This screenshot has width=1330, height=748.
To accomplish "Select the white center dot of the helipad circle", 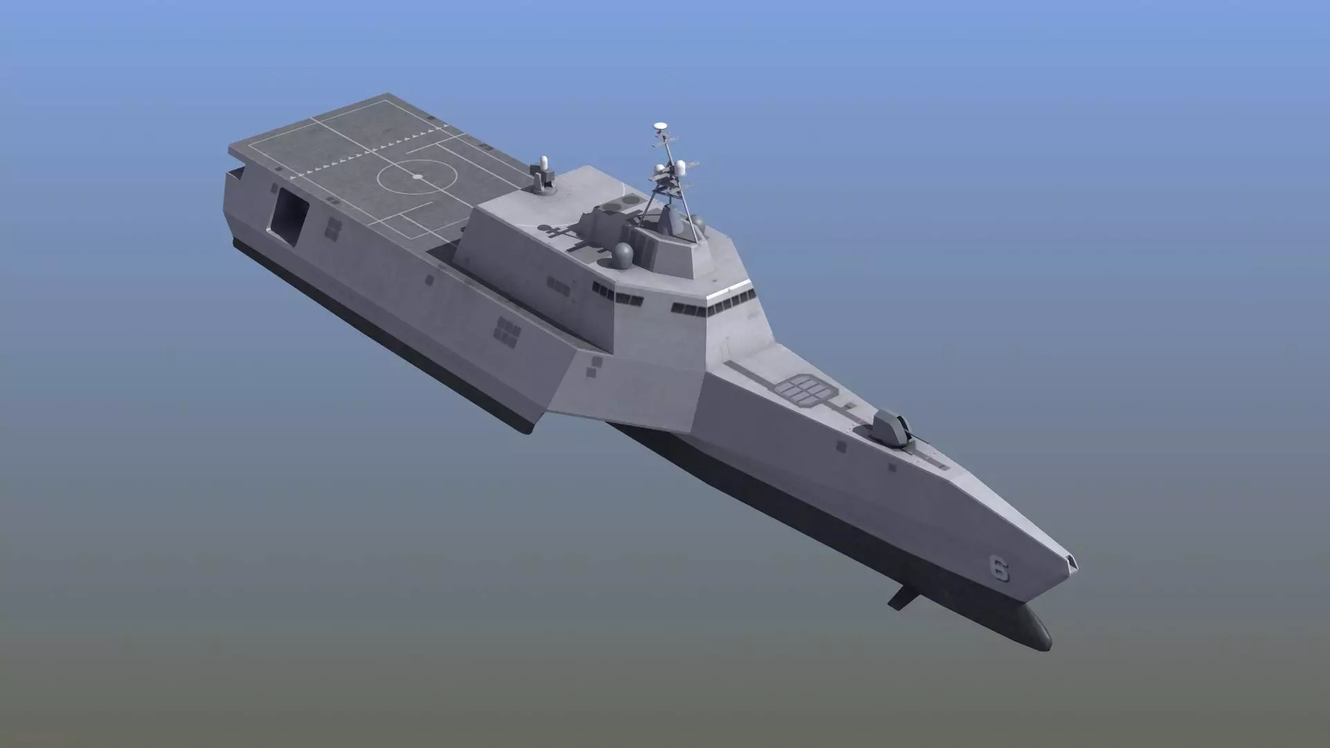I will (x=417, y=177).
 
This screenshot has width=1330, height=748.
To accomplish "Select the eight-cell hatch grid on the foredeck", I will (x=805, y=389).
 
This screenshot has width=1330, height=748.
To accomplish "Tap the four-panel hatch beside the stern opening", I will (x=332, y=229).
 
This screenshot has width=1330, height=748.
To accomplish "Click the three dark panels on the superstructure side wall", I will (x=557, y=283).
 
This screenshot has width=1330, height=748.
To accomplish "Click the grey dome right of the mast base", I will (x=698, y=223).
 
